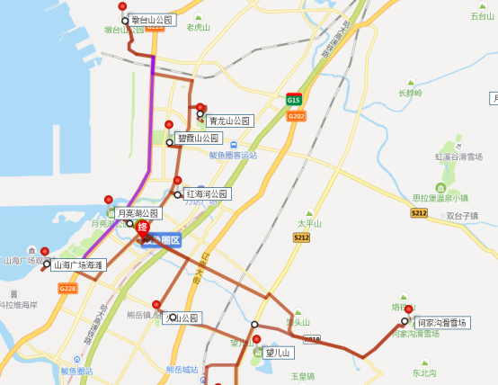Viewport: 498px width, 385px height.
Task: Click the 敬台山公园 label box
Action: click(152, 20)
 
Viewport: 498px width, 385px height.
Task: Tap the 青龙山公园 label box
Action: click(229, 121)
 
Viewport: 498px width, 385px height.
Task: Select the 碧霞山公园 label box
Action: click(198, 139)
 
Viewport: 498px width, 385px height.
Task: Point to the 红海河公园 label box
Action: click(208, 194)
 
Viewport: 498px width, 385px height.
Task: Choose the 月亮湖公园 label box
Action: click(137, 214)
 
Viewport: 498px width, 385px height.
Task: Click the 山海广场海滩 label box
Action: click(78, 265)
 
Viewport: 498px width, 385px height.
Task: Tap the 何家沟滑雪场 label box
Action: click(442, 322)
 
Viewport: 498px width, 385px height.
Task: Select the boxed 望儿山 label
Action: click(278, 353)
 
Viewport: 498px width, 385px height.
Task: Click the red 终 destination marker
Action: click(142, 228)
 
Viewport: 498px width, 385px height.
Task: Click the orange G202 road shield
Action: click(297, 115)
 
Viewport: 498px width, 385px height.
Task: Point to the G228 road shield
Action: click(67, 288)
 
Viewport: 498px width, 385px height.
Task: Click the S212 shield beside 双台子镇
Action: click(418, 213)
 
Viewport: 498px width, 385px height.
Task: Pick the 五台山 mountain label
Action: click(483, 16)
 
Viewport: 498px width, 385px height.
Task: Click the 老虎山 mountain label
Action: click(198, 27)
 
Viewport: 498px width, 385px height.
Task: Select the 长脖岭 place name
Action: click(410, 93)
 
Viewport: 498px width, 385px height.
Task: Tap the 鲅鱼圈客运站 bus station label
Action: click(233, 155)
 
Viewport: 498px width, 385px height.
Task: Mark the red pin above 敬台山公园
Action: click(123, 7)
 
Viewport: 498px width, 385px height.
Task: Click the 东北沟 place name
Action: click(423, 372)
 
